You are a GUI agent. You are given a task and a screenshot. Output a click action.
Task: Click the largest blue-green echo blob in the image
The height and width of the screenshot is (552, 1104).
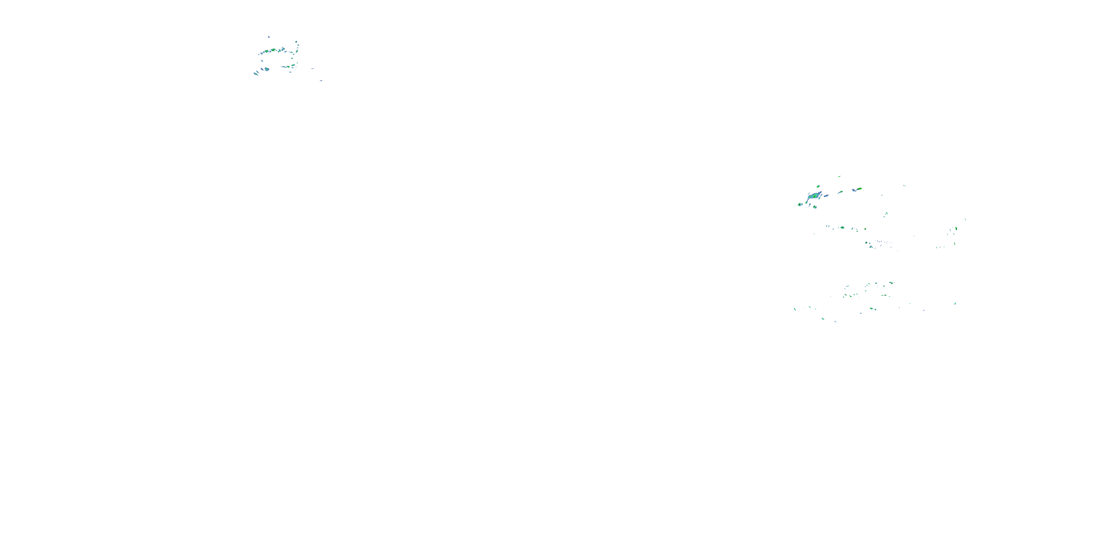(813, 196)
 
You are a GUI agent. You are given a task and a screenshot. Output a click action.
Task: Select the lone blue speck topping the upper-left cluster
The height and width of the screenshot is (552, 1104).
(269, 37)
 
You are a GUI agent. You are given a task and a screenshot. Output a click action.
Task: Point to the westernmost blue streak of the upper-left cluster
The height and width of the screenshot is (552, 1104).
(256, 73)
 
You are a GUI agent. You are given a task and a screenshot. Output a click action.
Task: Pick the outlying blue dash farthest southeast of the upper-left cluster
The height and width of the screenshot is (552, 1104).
(321, 80)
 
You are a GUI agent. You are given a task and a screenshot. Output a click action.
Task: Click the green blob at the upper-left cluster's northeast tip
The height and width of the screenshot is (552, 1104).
(297, 42)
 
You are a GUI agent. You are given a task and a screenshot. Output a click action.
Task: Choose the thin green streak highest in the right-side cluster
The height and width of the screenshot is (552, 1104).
(839, 177)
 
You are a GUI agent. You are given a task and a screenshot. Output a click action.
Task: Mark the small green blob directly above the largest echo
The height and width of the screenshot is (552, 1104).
(818, 187)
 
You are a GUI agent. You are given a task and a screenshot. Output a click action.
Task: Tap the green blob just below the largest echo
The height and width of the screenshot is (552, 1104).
(814, 207)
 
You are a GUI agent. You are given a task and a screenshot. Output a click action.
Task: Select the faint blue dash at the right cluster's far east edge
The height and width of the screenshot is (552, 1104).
(965, 219)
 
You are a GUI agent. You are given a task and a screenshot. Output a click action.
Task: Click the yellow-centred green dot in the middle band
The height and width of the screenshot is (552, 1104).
(842, 227)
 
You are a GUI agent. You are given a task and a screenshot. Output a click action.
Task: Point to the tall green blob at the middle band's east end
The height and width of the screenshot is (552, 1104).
(956, 229)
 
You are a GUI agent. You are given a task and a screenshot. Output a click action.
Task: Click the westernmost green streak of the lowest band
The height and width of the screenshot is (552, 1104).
(795, 309)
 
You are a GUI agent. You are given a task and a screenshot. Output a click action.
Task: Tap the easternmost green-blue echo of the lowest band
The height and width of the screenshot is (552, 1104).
(955, 304)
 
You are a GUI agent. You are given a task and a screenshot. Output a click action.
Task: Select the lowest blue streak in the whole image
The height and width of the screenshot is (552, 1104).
(835, 321)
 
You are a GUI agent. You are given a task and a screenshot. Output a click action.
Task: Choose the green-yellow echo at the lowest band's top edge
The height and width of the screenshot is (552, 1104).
(891, 283)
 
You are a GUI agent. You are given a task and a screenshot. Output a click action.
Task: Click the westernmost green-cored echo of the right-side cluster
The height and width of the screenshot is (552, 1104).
(800, 205)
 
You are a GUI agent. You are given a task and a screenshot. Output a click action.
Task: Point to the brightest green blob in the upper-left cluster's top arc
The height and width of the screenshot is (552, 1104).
(273, 50)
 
